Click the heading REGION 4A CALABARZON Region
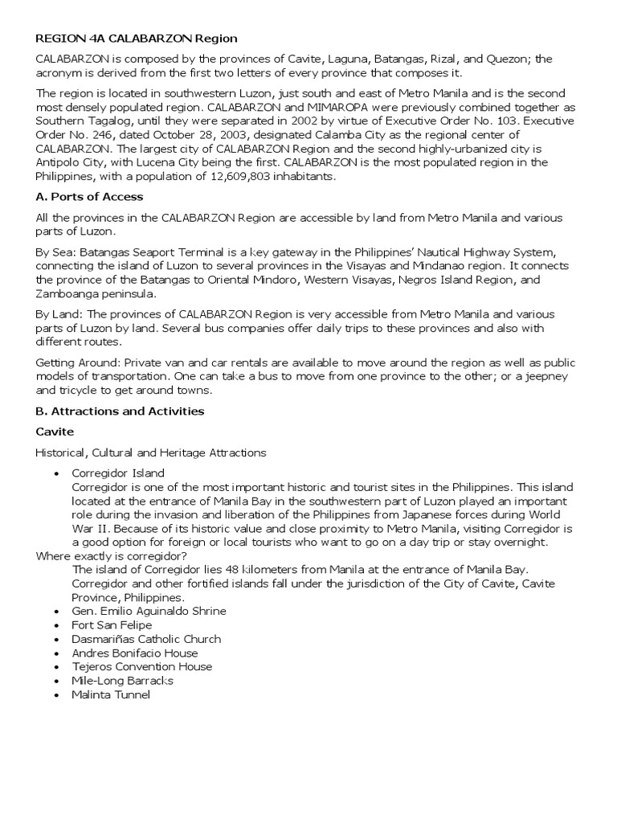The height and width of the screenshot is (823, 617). (x=137, y=39)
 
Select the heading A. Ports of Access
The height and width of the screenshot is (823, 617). (x=91, y=197)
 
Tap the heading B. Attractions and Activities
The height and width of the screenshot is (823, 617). (x=120, y=411)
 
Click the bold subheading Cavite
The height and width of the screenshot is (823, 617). (x=55, y=432)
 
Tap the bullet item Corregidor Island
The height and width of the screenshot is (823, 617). (x=118, y=473)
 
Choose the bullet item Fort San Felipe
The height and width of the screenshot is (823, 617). (x=112, y=624)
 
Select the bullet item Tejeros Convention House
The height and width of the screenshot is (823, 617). (x=141, y=666)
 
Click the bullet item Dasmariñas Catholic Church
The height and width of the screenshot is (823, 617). (x=146, y=639)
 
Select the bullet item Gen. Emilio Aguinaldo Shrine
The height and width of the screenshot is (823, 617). (x=149, y=611)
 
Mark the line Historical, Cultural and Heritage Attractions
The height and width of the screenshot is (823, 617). (x=151, y=452)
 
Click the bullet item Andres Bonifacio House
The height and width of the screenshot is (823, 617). (x=134, y=653)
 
